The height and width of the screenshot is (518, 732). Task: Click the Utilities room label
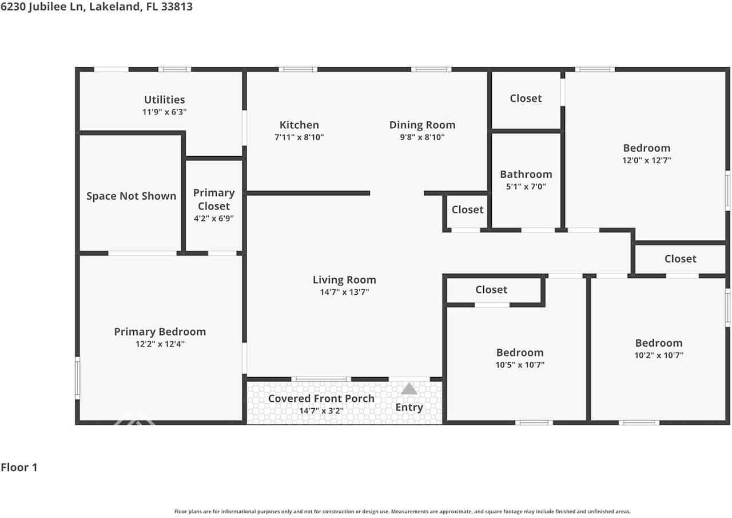click(x=164, y=100)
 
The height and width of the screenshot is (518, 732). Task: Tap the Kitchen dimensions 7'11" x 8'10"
click(x=299, y=137)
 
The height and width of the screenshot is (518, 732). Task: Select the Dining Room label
click(x=422, y=125)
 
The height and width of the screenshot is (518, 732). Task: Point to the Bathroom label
click(x=526, y=174)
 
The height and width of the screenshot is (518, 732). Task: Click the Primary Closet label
click(x=213, y=199)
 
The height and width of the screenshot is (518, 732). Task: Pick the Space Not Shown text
click(x=131, y=196)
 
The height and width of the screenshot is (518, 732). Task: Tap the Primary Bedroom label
click(x=160, y=331)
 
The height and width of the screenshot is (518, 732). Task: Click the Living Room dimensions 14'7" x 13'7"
click(x=344, y=292)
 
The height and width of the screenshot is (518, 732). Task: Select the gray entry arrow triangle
click(x=409, y=389)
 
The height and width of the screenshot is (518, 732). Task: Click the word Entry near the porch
click(x=409, y=408)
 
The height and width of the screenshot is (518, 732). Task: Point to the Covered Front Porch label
click(x=321, y=398)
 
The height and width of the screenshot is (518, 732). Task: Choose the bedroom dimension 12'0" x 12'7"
click(x=646, y=161)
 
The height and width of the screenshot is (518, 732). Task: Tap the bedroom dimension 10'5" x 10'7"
click(x=519, y=365)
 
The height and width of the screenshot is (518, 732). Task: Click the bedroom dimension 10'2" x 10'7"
click(x=659, y=355)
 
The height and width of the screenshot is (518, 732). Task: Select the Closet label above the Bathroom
click(x=526, y=98)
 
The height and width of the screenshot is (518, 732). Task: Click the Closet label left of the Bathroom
click(x=467, y=209)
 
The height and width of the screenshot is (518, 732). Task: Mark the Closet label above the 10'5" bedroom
click(x=491, y=290)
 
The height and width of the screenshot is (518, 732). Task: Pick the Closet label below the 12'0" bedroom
click(x=680, y=259)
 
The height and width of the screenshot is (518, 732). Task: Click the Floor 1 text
click(x=19, y=467)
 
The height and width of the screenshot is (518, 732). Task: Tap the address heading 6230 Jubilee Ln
click(x=96, y=7)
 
